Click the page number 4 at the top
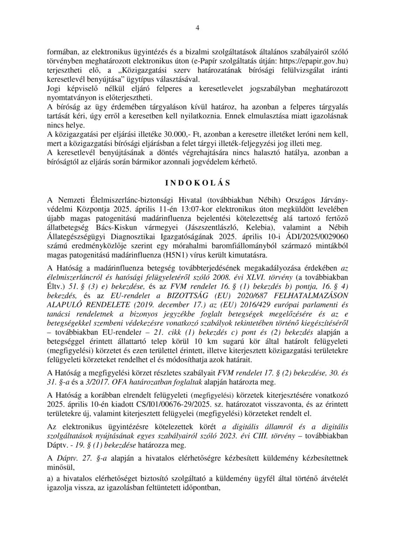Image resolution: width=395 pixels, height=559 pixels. [x=197, y=28]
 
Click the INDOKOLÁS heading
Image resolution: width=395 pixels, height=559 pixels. [x=197, y=181]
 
